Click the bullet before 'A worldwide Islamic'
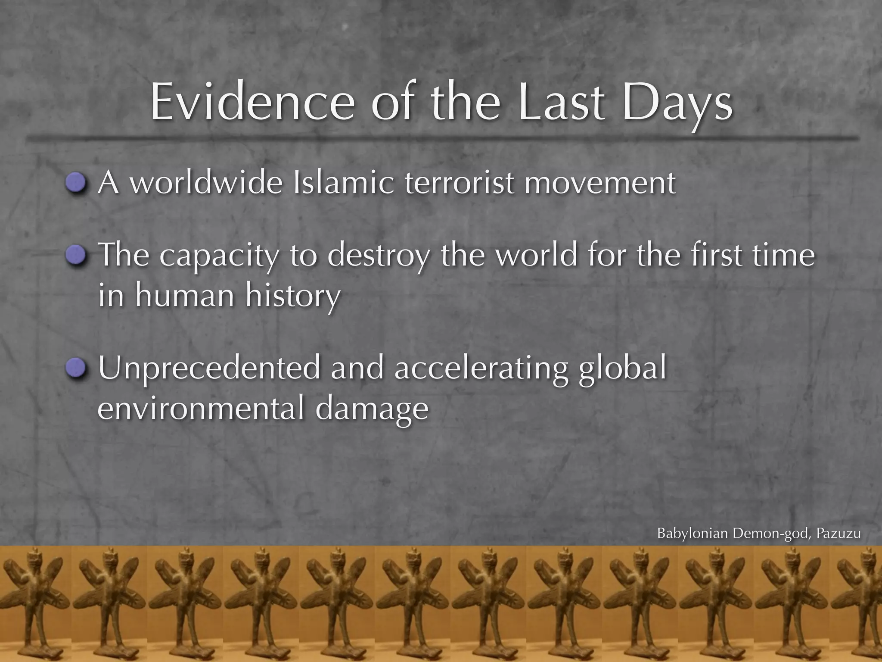pos(77,184)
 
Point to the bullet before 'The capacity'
pos(77,256)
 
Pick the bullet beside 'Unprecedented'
pos(77,368)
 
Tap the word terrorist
pos(459,183)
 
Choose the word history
pos(293,297)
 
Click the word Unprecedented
pos(209,368)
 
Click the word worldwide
pos(206,183)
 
